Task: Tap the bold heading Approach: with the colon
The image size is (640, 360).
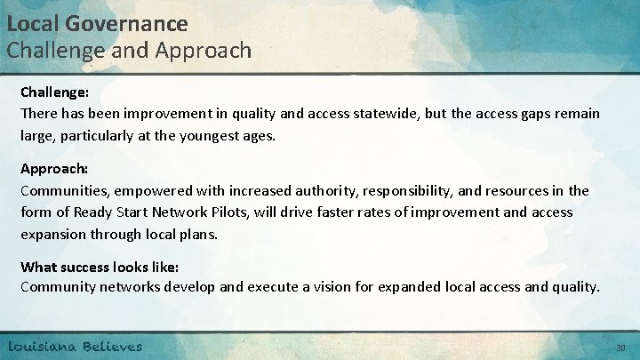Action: click(52, 169)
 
